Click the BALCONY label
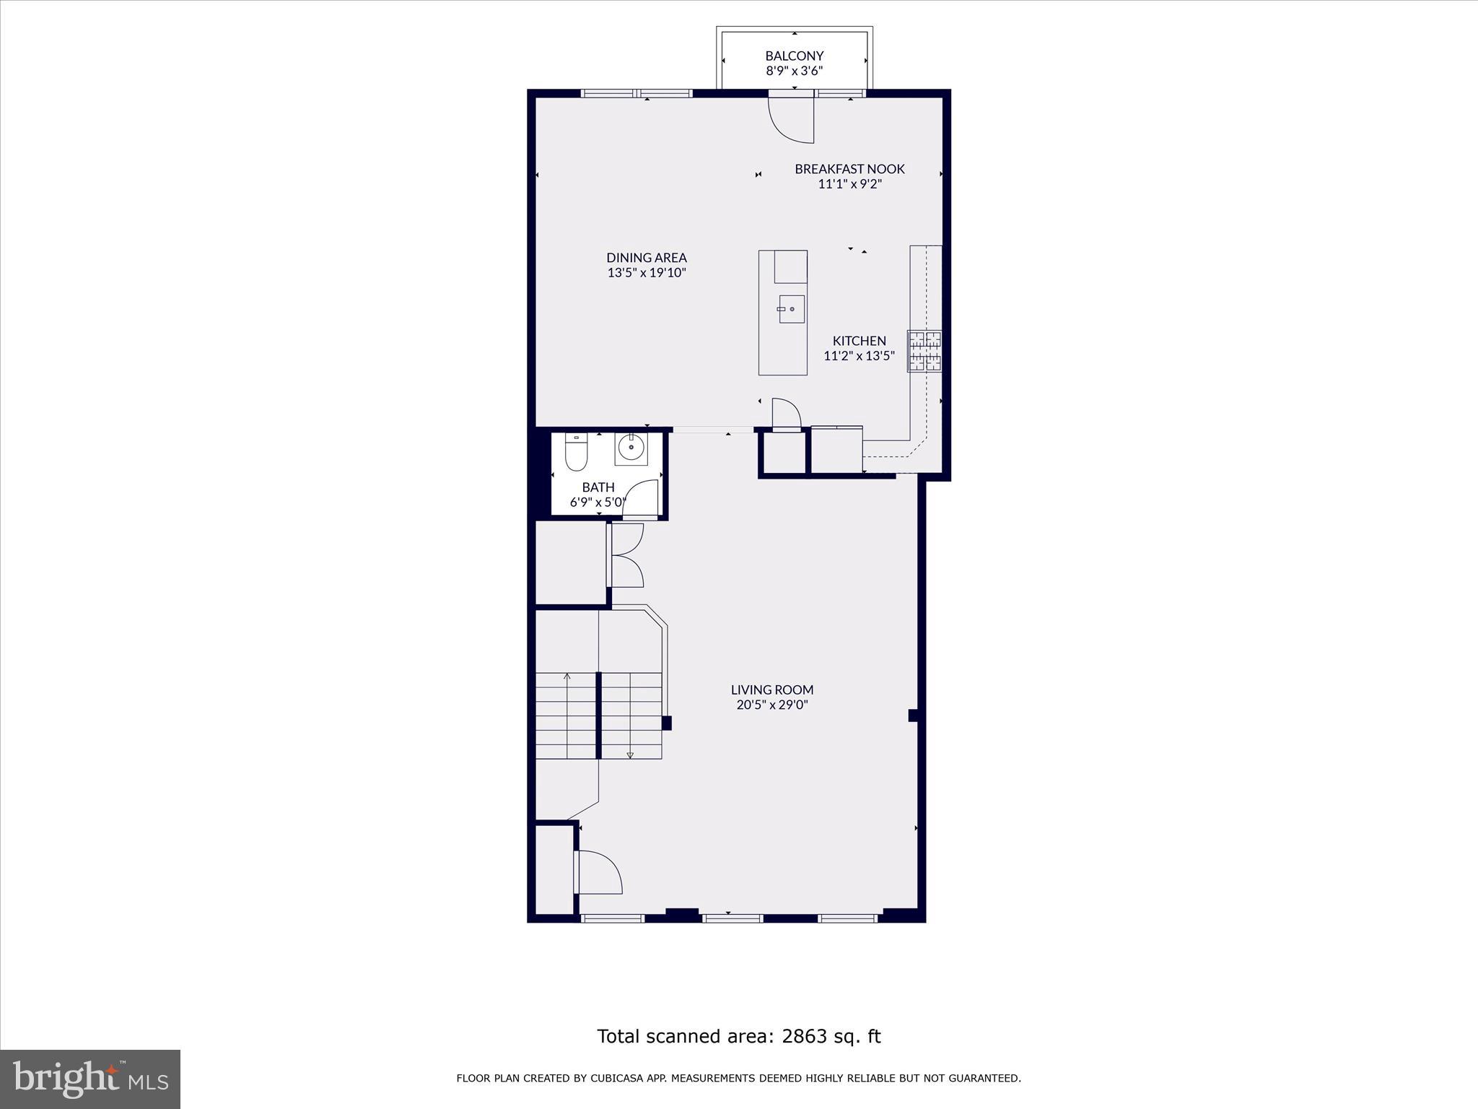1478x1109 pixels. (794, 56)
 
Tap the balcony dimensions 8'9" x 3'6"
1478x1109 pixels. (794, 71)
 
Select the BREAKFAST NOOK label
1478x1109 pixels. (849, 169)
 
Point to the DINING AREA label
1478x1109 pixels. (646, 258)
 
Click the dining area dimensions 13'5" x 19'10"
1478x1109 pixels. (646, 273)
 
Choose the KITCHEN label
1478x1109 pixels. (859, 341)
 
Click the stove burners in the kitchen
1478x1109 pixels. (924, 352)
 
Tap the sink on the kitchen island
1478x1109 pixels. (791, 309)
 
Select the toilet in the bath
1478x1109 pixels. (576, 453)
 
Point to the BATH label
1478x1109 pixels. (598, 487)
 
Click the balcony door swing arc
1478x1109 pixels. (790, 123)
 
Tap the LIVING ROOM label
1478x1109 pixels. (771, 690)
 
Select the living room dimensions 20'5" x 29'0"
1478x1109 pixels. (771, 705)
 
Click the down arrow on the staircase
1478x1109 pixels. (630, 754)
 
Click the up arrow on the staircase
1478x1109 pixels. (567, 677)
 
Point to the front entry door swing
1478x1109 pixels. (599, 872)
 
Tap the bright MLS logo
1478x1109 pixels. (90, 1079)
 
